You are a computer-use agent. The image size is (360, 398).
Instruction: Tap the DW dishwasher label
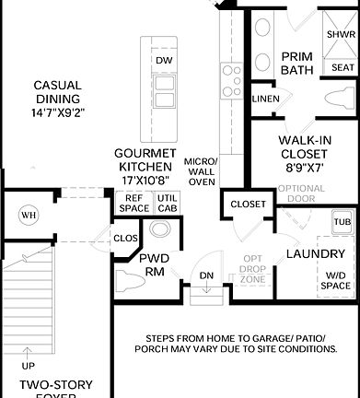(x=164, y=61)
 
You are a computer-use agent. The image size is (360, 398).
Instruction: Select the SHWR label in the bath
(x=341, y=34)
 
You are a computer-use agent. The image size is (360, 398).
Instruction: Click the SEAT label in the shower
(x=342, y=67)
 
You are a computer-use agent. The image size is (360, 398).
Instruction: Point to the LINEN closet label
(x=265, y=99)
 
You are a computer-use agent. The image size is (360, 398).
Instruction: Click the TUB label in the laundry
(x=342, y=222)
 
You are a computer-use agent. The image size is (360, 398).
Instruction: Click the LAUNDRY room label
(x=315, y=253)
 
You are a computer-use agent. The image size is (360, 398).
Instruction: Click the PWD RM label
(x=154, y=264)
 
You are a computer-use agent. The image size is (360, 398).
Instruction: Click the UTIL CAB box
(x=167, y=203)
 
